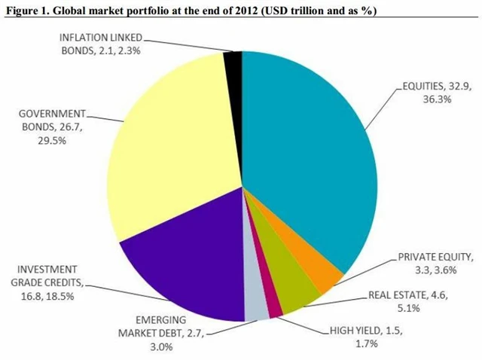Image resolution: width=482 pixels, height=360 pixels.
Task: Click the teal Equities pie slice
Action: (x=309, y=151)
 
